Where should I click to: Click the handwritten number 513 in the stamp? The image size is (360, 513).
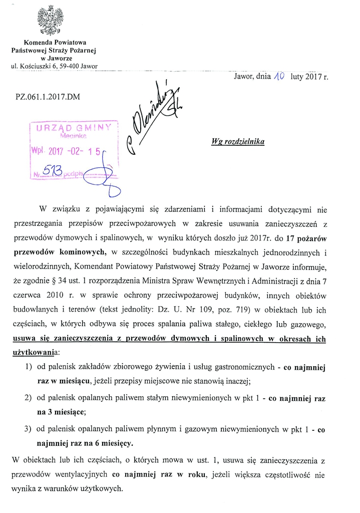[x=54, y=172]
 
